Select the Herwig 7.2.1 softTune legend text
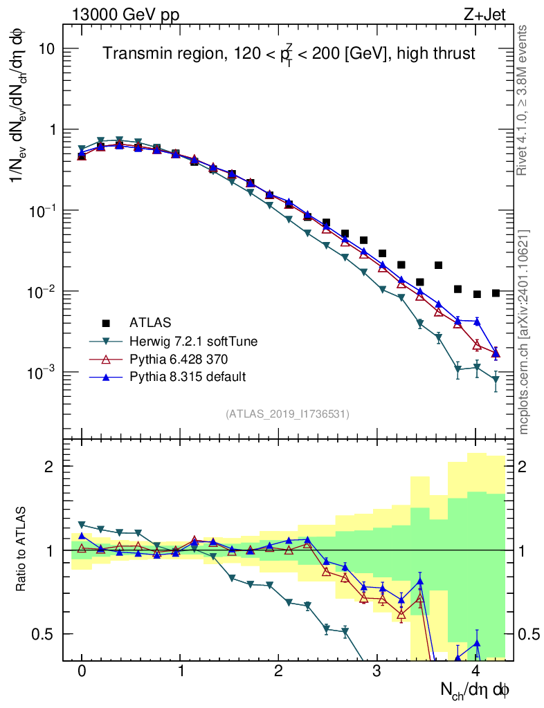[x=188, y=341]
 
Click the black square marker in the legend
[x=106, y=322]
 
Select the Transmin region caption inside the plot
[x=289, y=53]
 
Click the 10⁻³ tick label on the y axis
[x=42, y=373]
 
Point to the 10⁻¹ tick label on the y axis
[x=42, y=211]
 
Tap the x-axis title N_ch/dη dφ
[x=475, y=689]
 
